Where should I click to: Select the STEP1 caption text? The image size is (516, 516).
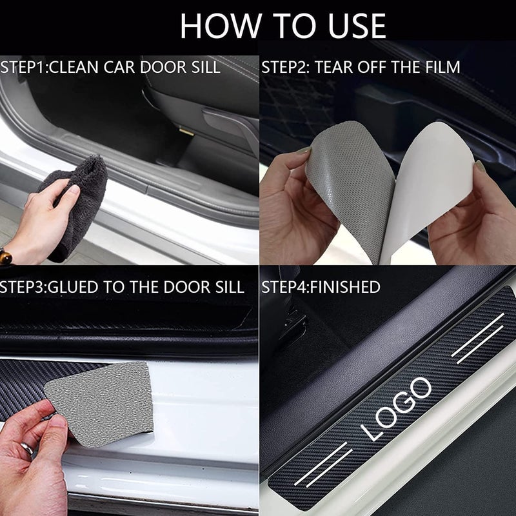(x=110, y=66)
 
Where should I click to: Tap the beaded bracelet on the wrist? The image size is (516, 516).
(x=5, y=257)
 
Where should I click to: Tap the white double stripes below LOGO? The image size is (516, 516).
(x=322, y=464)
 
